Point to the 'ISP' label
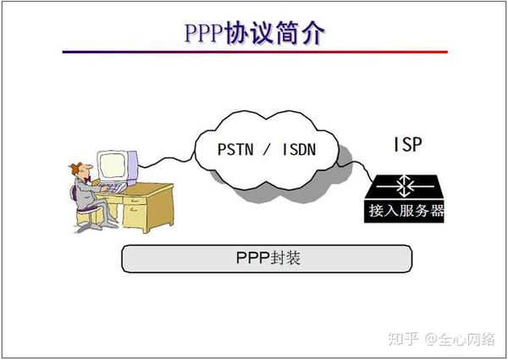tap(406, 143)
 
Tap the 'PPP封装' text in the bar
tap(268, 258)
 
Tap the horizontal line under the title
tap(255, 52)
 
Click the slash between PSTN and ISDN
tap(268, 152)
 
